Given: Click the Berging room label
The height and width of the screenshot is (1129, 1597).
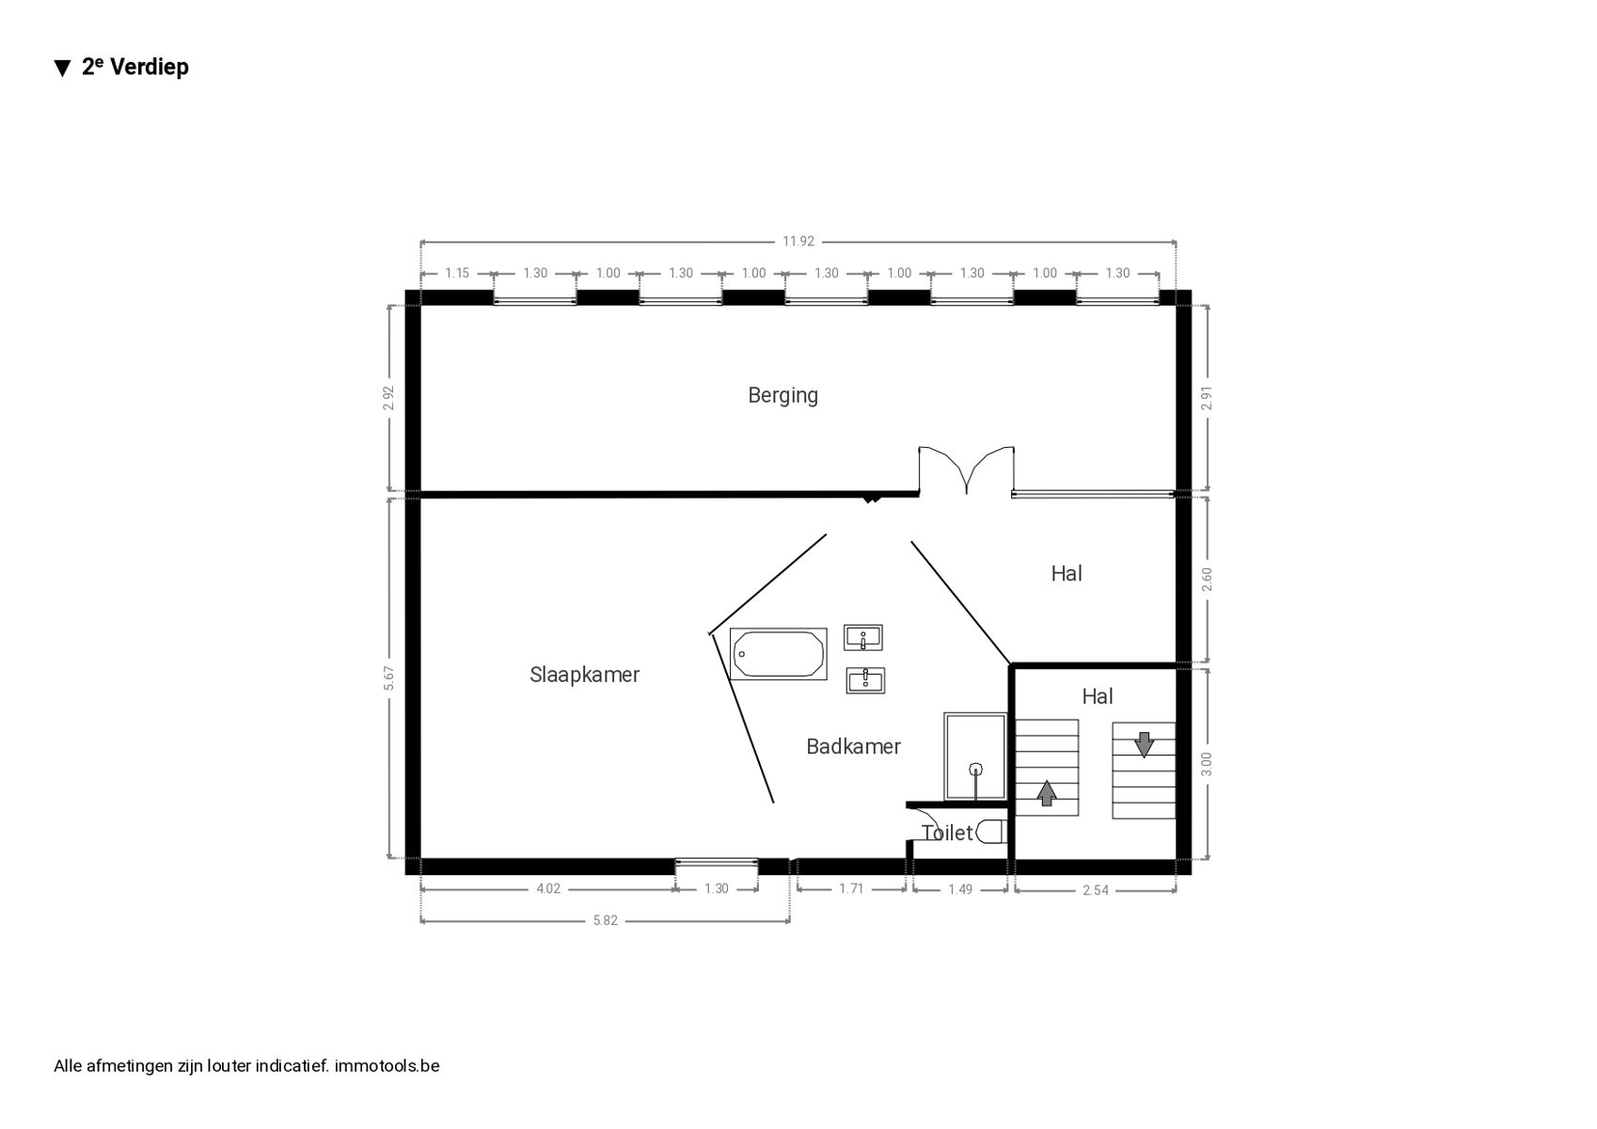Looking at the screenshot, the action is pyautogui.click(x=783, y=396).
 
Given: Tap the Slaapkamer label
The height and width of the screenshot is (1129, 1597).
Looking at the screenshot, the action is pyautogui.click(x=585, y=675).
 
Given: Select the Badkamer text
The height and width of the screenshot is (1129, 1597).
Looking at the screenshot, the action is pyautogui.click(x=853, y=747).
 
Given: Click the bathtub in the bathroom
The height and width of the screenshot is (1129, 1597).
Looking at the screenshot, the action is pyautogui.click(x=778, y=654).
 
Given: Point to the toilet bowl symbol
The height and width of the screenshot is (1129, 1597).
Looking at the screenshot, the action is pyautogui.click(x=990, y=832).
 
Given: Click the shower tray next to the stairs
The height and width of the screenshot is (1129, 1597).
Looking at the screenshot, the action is pyautogui.click(x=974, y=756).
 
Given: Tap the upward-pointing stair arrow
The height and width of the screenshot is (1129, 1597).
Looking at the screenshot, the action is pyautogui.click(x=1046, y=793).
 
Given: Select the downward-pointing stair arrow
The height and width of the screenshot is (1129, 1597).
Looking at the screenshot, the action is pyautogui.click(x=1144, y=744).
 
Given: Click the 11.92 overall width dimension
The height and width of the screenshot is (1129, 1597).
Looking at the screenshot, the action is pyautogui.click(x=798, y=242).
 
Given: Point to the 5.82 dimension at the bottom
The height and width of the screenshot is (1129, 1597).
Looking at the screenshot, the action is pyautogui.click(x=606, y=921).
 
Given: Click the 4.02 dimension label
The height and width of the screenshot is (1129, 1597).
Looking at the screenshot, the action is pyautogui.click(x=548, y=889).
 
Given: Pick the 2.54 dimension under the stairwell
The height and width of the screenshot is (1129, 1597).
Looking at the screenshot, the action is pyautogui.click(x=1095, y=890).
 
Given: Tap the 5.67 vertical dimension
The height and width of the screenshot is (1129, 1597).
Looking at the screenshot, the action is pyautogui.click(x=389, y=677).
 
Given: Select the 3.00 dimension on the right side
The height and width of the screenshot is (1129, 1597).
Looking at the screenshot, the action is pyautogui.click(x=1207, y=764).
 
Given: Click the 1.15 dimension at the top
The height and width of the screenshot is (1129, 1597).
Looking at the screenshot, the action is pyautogui.click(x=457, y=273).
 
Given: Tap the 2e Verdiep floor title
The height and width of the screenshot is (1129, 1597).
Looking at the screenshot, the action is pyautogui.click(x=121, y=67).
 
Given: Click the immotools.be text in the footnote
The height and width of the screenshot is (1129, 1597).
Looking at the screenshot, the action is pyautogui.click(x=387, y=1066).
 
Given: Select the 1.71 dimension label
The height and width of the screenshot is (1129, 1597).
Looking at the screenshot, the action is pyautogui.click(x=851, y=889).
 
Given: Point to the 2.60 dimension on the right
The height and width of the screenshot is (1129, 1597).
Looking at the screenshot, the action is pyautogui.click(x=1207, y=580).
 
